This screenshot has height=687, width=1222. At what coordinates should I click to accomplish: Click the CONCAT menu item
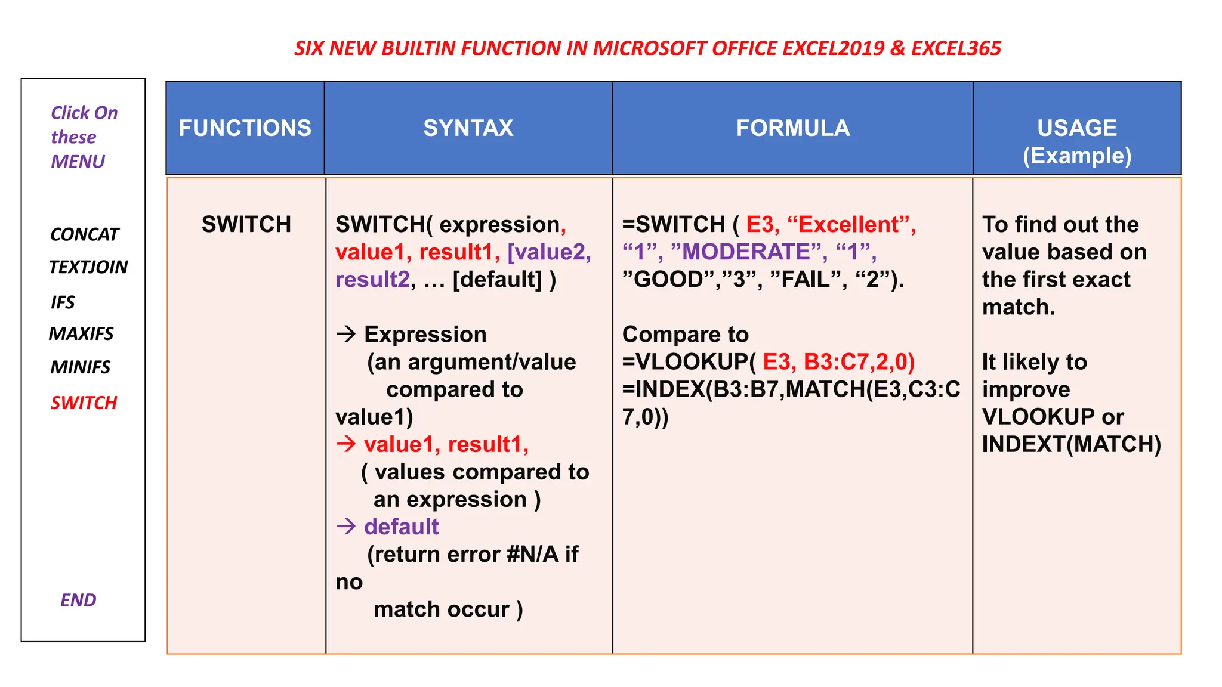(x=84, y=234)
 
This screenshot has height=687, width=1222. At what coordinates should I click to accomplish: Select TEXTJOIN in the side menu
(x=88, y=267)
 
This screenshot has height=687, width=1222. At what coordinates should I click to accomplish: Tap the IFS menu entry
(x=63, y=302)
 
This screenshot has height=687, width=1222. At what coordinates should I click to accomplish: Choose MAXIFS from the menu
(x=81, y=333)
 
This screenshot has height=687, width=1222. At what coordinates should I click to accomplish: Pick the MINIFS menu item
(x=81, y=367)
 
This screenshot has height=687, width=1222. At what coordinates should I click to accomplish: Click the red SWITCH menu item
(x=84, y=403)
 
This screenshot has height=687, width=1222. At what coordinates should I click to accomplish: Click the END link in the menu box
(x=78, y=600)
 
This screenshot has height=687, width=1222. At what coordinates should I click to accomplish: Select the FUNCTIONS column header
(x=245, y=128)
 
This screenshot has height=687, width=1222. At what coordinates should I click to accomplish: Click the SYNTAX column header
(x=468, y=128)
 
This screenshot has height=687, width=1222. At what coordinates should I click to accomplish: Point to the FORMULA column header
(x=793, y=128)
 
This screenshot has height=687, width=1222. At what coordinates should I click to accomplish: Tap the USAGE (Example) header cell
(x=1077, y=141)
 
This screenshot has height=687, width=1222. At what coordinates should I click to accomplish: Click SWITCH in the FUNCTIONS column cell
(x=246, y=225)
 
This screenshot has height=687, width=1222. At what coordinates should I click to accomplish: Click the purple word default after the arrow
(x=402, y=527)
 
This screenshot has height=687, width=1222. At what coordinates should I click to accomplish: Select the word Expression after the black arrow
(x=425, y=335)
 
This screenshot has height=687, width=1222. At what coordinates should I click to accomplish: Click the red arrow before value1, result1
(x=346, y=444)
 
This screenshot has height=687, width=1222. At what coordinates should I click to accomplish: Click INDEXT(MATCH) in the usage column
(x=1072, y=444)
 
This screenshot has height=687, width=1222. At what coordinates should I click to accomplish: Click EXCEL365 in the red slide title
(x=956, y=48)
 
